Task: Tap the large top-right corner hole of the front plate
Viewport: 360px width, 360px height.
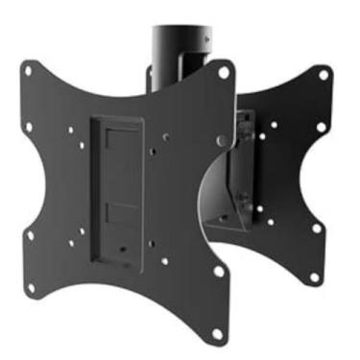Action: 223,72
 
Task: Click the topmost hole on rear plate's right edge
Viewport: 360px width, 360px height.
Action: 324,73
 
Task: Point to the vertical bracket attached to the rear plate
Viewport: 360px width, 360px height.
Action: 242,168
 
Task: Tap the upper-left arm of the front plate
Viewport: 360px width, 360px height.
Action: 58,86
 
